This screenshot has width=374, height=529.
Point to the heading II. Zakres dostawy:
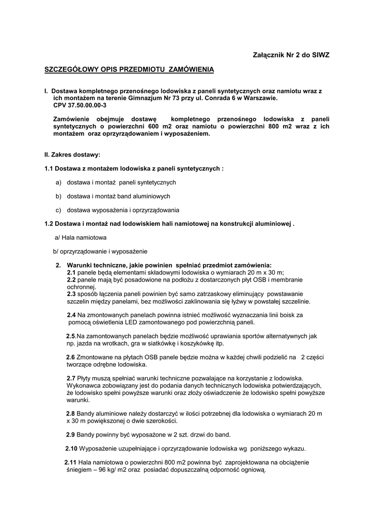click(72, 154)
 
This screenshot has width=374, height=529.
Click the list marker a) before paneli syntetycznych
click(58, 182)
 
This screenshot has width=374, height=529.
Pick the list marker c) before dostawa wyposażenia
click(58, 210)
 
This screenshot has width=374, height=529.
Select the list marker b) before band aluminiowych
click(58, 196)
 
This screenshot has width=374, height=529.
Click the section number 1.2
click(50, 224)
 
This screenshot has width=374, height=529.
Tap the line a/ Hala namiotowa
click(81, 238)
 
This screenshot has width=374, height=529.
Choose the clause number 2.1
click(71, 272)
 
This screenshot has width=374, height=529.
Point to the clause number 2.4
click(71, 315)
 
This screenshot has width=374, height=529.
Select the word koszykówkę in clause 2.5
click(185, 343)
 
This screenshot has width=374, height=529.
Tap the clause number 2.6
click(70, 357)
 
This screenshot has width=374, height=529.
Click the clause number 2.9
click(70, 434)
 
